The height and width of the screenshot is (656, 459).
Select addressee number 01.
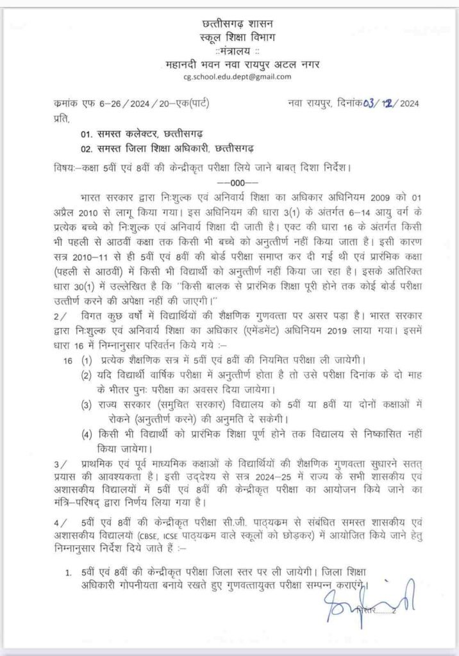pyautogui.click(x=87, y=136)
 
